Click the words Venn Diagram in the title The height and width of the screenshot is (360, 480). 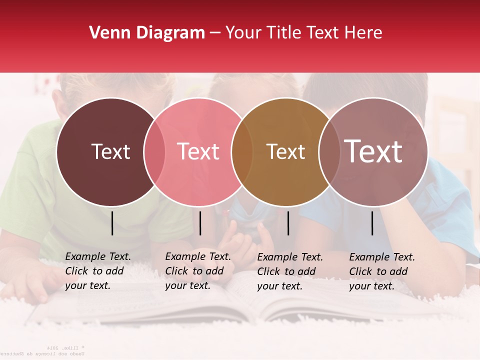pos(147,33)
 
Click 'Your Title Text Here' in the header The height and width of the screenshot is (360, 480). pos(303,33)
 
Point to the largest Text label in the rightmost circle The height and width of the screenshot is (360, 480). pos(373,151)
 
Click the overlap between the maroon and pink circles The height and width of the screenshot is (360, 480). pos(154,152)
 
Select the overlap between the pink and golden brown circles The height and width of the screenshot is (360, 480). pos(242,152)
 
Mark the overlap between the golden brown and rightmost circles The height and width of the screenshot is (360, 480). pos(329,152)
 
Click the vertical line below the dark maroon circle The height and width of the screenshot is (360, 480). pos(112,223)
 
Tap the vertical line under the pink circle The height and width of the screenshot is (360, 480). pos(200,223)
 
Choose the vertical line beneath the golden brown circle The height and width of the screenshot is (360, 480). pos(288,223)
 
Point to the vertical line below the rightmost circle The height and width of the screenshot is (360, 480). pos(372,223)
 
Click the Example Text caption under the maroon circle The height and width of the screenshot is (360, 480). pos(98,271)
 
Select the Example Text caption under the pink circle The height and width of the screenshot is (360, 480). pos(198,271)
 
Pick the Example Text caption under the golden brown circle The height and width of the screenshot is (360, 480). pos(290,271)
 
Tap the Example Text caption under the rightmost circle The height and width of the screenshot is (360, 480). pos(382,271)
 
